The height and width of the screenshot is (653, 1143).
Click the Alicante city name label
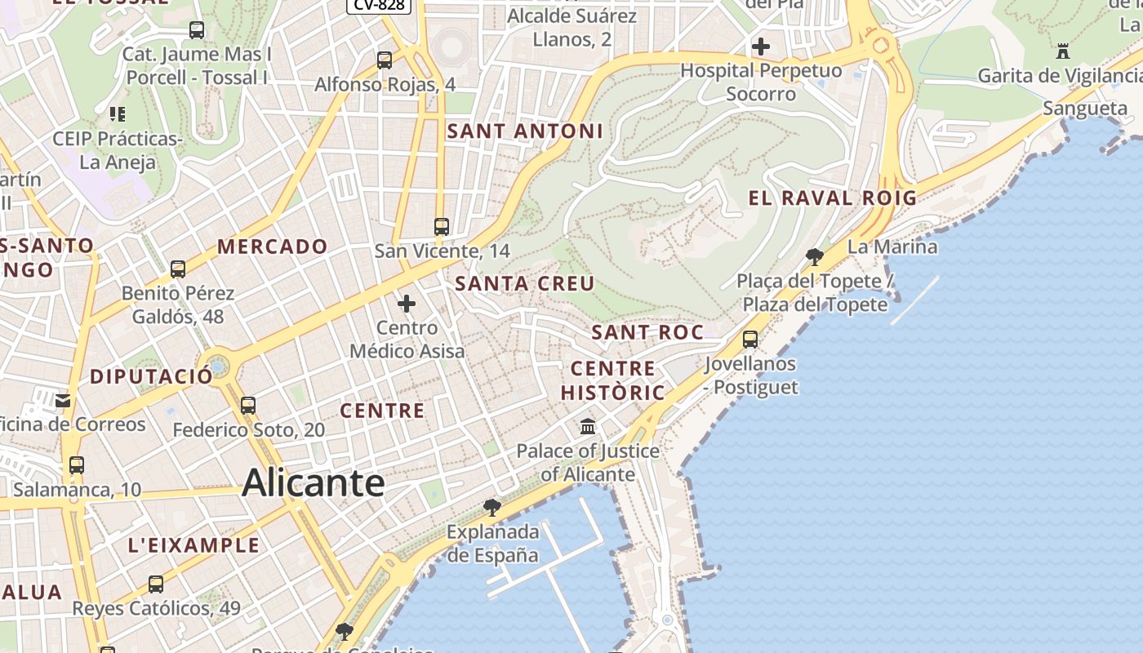click(314, 482)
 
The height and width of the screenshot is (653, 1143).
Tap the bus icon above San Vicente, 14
click(442, 227)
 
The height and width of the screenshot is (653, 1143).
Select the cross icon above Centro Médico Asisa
click(407, 304)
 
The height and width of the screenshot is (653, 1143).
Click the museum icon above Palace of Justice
click(588, 427)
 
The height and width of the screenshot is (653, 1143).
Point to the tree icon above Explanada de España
click(491, 508)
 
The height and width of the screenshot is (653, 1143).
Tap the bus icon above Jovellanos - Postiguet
click(750, 340)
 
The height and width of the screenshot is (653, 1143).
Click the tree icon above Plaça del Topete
click(814, 257)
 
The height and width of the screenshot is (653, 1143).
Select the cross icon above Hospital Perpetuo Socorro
click(761, 47)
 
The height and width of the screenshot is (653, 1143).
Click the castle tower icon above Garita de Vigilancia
click(1062, 51)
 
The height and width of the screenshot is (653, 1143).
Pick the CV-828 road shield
click(379, 5)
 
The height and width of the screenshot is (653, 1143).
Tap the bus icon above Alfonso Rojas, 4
click(385, 60)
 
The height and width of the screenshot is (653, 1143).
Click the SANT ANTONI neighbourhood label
click(525, 131)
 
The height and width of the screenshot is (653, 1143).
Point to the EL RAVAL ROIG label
click(833, 198)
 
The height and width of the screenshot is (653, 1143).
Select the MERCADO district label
click(273, 247)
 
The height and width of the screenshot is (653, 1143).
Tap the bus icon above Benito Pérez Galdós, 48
click(178, 269)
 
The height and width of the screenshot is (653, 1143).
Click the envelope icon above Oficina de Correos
click(63, 401)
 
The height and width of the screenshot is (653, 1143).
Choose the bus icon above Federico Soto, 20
click(248, 405)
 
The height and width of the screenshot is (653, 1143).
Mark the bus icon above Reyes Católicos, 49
click(156, 584)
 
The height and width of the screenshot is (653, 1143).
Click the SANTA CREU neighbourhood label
click(525, 284)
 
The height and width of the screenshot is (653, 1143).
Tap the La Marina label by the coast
click(892, 247)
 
